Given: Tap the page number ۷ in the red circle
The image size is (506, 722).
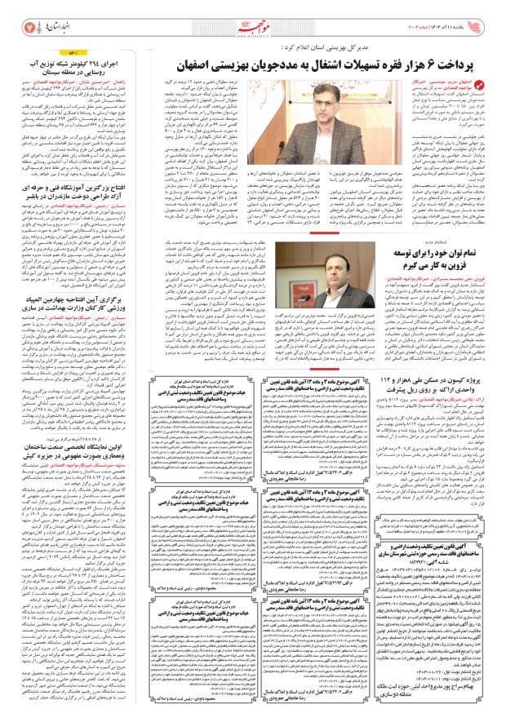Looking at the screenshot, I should [29, 16].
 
